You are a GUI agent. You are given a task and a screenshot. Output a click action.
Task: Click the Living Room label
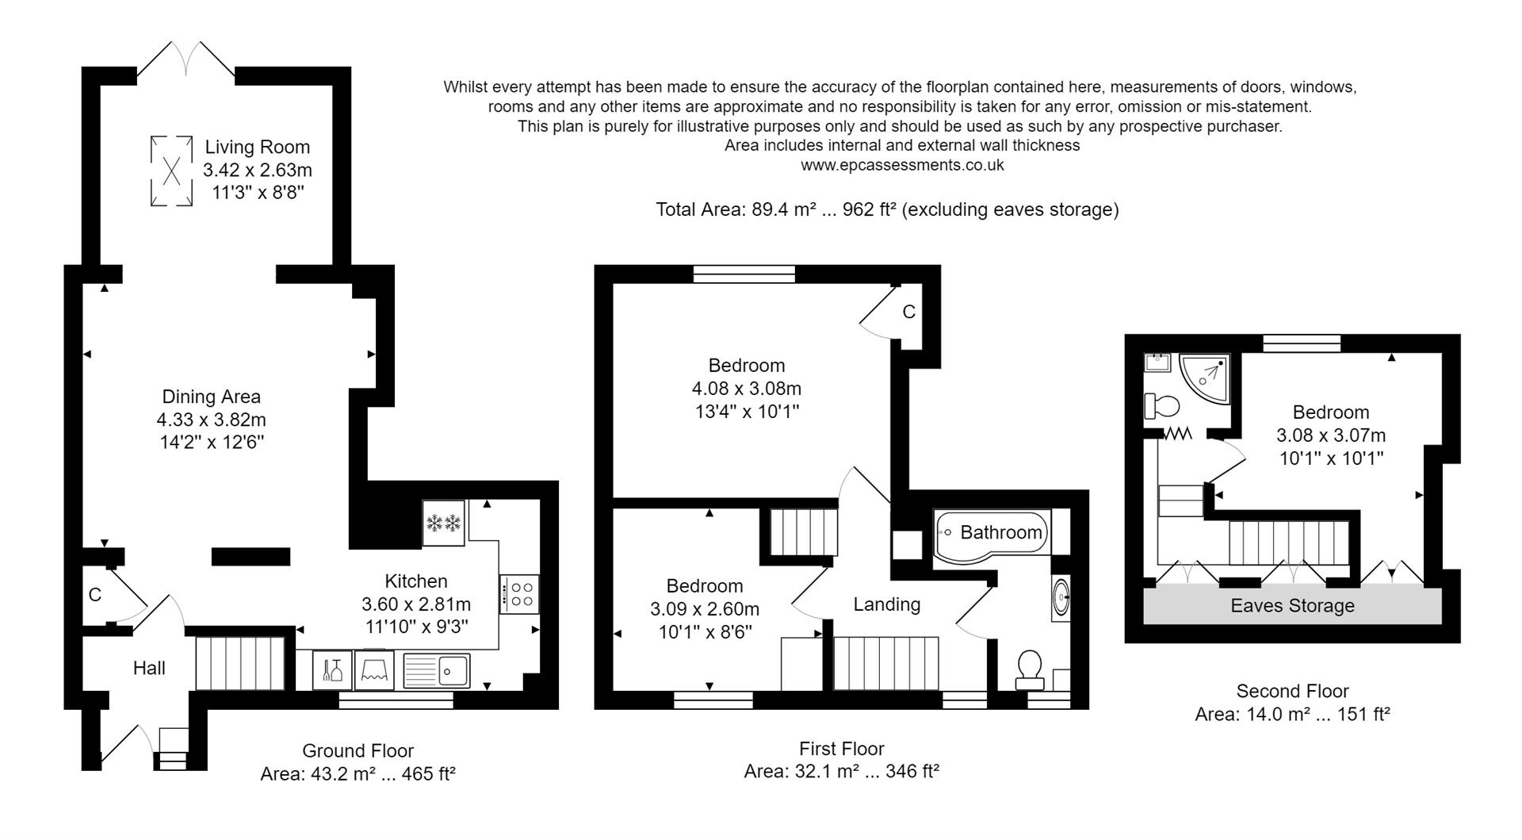(x=257, y=147)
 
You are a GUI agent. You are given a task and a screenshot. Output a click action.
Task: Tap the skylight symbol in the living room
(x=171, y=171)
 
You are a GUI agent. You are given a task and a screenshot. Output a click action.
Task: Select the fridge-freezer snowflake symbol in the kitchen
(x=443, y=523)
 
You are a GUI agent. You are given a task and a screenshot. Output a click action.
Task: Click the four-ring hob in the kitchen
(x=520, y=594)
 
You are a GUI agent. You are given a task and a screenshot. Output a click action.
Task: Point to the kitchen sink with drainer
(x=438, y=670)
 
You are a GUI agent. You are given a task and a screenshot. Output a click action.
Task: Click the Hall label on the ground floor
(x=149, y=668)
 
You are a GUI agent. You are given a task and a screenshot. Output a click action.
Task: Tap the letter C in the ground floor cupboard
(x=94, y=595)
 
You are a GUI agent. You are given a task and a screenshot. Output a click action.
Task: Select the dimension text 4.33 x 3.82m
(x=211, y=420)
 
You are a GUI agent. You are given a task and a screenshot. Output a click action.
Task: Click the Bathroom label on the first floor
(x=1000, y=532)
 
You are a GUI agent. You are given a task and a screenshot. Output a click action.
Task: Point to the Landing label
(x=886, y=604)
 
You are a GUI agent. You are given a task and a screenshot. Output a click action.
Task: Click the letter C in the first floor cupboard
(x=908, y=312)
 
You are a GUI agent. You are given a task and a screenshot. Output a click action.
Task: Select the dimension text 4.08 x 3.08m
(x=746, y=389)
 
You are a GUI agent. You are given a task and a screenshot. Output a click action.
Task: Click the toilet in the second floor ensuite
(x=1162, y=407)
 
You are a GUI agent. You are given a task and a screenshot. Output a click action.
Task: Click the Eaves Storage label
(x=1292, y=606)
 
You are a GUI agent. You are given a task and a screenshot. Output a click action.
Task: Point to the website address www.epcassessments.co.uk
(x=902, y=165)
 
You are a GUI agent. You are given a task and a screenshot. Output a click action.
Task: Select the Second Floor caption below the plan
(x=1292, y=691)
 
